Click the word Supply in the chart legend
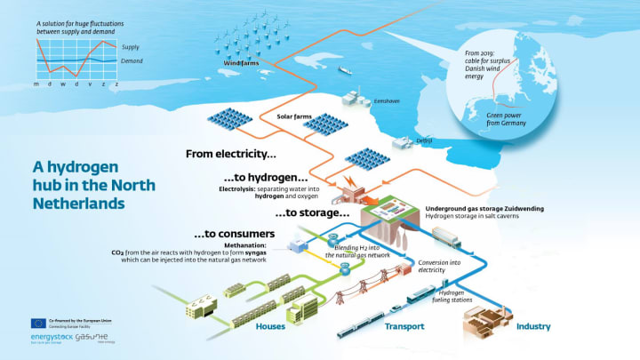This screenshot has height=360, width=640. [x=130, y=46]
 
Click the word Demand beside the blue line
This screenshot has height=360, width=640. [x=132, y=60]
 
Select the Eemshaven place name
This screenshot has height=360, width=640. [x=387, y=101]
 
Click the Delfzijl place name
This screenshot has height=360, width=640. [x=424, y=140]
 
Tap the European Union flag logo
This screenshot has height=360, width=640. [x=39, y=324]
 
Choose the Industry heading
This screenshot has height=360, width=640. [x=533, y=326]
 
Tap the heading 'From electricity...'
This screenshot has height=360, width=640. [x=229, y=154]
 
